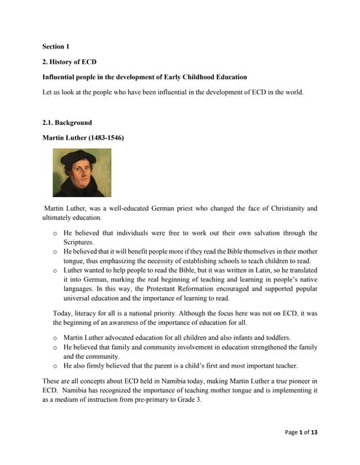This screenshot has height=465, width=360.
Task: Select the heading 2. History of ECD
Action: point(69,62)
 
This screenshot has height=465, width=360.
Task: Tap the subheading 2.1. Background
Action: point(68,123)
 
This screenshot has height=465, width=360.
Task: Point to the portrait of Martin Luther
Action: point(81,173)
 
